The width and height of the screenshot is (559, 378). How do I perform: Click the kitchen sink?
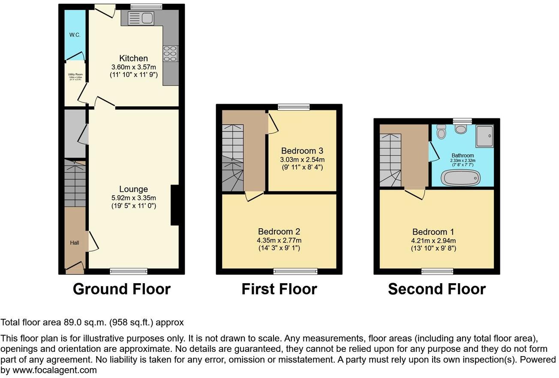point(140,18)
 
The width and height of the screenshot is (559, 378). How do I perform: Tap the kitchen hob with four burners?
point(170,53)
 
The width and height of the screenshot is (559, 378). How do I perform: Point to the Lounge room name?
point(133,189)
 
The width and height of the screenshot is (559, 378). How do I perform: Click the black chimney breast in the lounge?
point(175,205)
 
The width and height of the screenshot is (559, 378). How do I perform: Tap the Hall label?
point(75,243)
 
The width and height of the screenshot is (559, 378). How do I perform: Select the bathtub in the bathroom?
point(461,178)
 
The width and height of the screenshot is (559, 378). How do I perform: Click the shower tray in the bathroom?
point(484,136)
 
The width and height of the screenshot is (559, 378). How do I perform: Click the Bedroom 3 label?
point(302,151)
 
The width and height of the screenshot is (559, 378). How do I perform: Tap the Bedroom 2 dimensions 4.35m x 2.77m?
point(279,240)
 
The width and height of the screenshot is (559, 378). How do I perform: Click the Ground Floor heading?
point(121,289)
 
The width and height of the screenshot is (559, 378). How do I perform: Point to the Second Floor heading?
point(436,289)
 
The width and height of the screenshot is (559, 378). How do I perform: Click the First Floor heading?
point(279,289)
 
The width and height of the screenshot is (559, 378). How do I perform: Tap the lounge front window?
point(129,271)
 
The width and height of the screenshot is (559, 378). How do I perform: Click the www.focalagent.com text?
point(54,370)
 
